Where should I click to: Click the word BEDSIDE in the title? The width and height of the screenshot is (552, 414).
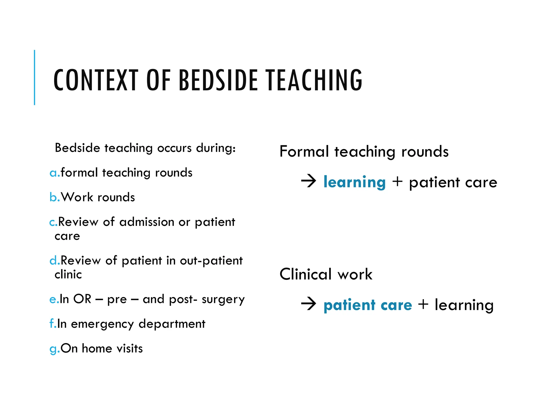click(x=218, y=80)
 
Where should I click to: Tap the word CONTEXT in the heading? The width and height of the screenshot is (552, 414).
click(x=96, y=80)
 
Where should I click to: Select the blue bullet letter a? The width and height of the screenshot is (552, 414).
click(x=53, y=173)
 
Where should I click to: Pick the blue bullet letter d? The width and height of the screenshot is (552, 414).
click(x=53, y=260)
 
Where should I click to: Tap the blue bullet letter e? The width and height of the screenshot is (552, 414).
click(x=53, y=299)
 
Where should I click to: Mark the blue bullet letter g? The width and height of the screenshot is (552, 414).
click(x=53, y=349)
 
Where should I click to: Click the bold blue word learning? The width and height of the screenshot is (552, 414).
click(x=354, y=182)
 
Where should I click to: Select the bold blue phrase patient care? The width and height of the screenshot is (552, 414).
click(x=368, y=305)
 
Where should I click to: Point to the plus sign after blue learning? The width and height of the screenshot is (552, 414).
click(x=397, y=181)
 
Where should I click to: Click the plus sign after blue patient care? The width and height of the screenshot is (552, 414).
click(x=423, y=304)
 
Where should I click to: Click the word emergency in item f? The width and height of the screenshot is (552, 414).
click(x=102, y=324)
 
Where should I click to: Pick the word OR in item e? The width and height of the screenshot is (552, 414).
click(x=82, y=299)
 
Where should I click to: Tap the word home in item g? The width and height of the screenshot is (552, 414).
click(x=97, y=349)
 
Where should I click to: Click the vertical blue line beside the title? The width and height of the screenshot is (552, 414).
click(x=34, y=77)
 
